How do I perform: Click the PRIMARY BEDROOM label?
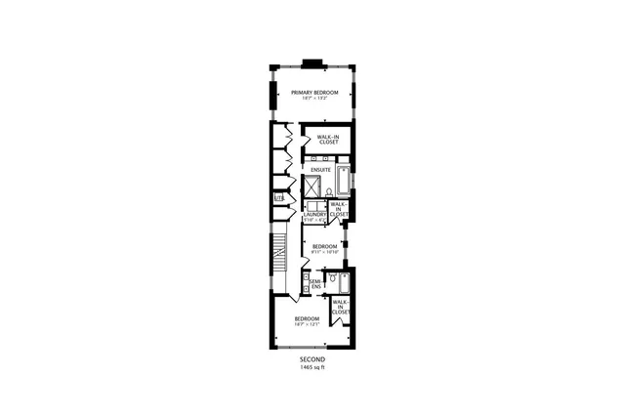314,92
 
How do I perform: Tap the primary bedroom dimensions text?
314,99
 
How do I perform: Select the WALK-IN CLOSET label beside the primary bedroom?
328,140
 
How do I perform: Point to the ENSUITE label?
321,169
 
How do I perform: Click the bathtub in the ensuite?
343,183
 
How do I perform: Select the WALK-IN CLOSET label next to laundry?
339,209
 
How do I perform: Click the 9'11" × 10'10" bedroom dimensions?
324,251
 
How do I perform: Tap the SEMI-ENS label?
316,284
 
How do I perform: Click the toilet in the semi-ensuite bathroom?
334,278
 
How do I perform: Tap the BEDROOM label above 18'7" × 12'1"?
308,318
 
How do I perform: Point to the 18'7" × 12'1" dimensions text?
308,325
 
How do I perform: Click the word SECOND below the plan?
313,359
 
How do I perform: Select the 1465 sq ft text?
313,367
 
